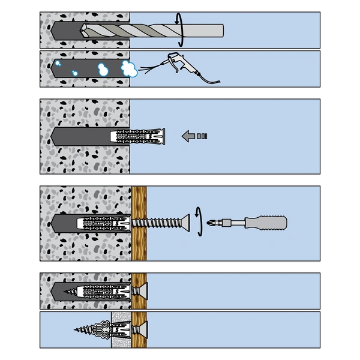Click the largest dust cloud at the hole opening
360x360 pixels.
coord(127,68)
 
